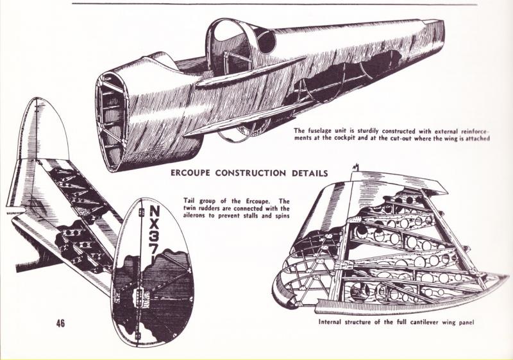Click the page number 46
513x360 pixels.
click(x=60, y=323)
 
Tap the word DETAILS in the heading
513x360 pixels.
click(x=307, y=173)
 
